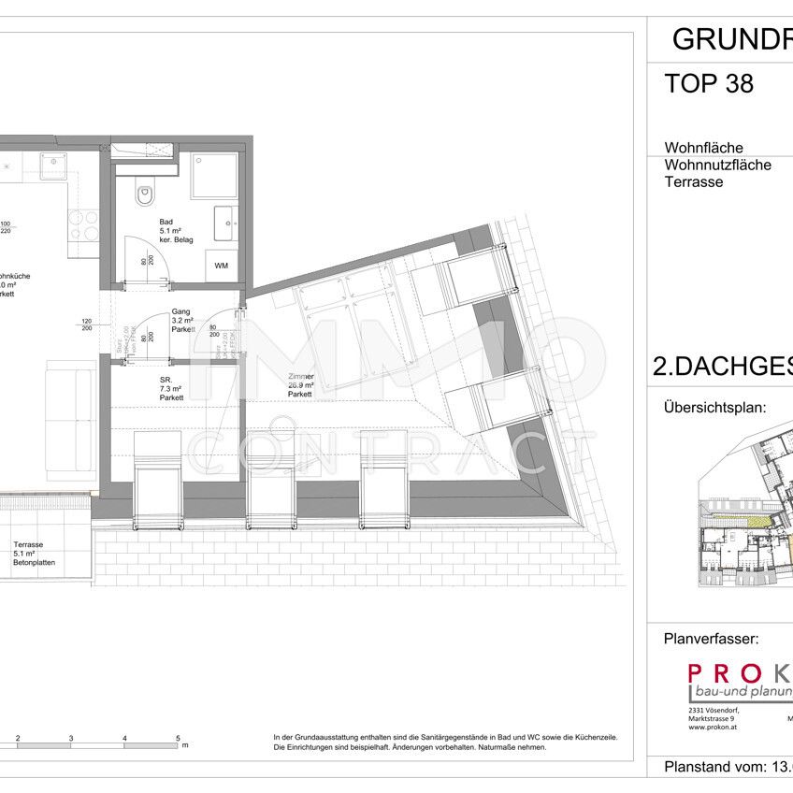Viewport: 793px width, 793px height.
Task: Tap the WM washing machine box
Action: point(221,266)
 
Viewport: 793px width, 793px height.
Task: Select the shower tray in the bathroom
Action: point(214,175)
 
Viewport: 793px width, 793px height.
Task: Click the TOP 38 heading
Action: point(709,85)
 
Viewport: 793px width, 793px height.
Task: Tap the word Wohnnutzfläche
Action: point(717,166)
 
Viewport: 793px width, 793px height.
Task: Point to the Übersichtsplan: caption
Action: point(714,409)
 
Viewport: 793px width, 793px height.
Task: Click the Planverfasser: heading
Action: point(711,641)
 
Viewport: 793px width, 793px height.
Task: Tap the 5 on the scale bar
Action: point(178,739)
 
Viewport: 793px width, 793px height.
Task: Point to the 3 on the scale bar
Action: point(71,739)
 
